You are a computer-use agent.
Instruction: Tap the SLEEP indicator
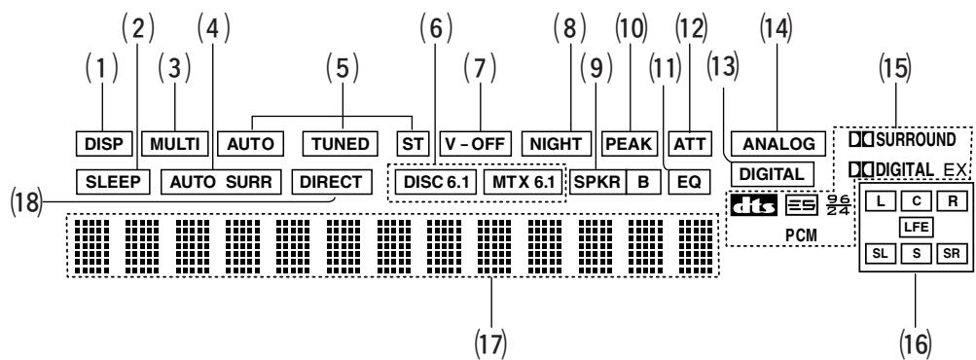pos(113,182)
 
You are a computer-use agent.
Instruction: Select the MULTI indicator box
pos(174,144)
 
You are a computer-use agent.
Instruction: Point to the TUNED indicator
pos(341,144)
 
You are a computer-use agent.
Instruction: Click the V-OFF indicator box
pos(476,144)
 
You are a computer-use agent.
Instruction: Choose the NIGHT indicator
pos(556,144)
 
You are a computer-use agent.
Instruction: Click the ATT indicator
pos(690,144)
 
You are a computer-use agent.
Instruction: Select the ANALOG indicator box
pos(778,144)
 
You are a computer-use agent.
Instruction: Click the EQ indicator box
pos(689,182)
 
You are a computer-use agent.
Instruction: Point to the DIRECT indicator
pos(331,182)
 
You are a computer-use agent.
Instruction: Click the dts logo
pos(754,205)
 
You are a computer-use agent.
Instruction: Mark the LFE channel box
pos(916,228)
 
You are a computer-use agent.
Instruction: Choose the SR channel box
pos(951,254)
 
